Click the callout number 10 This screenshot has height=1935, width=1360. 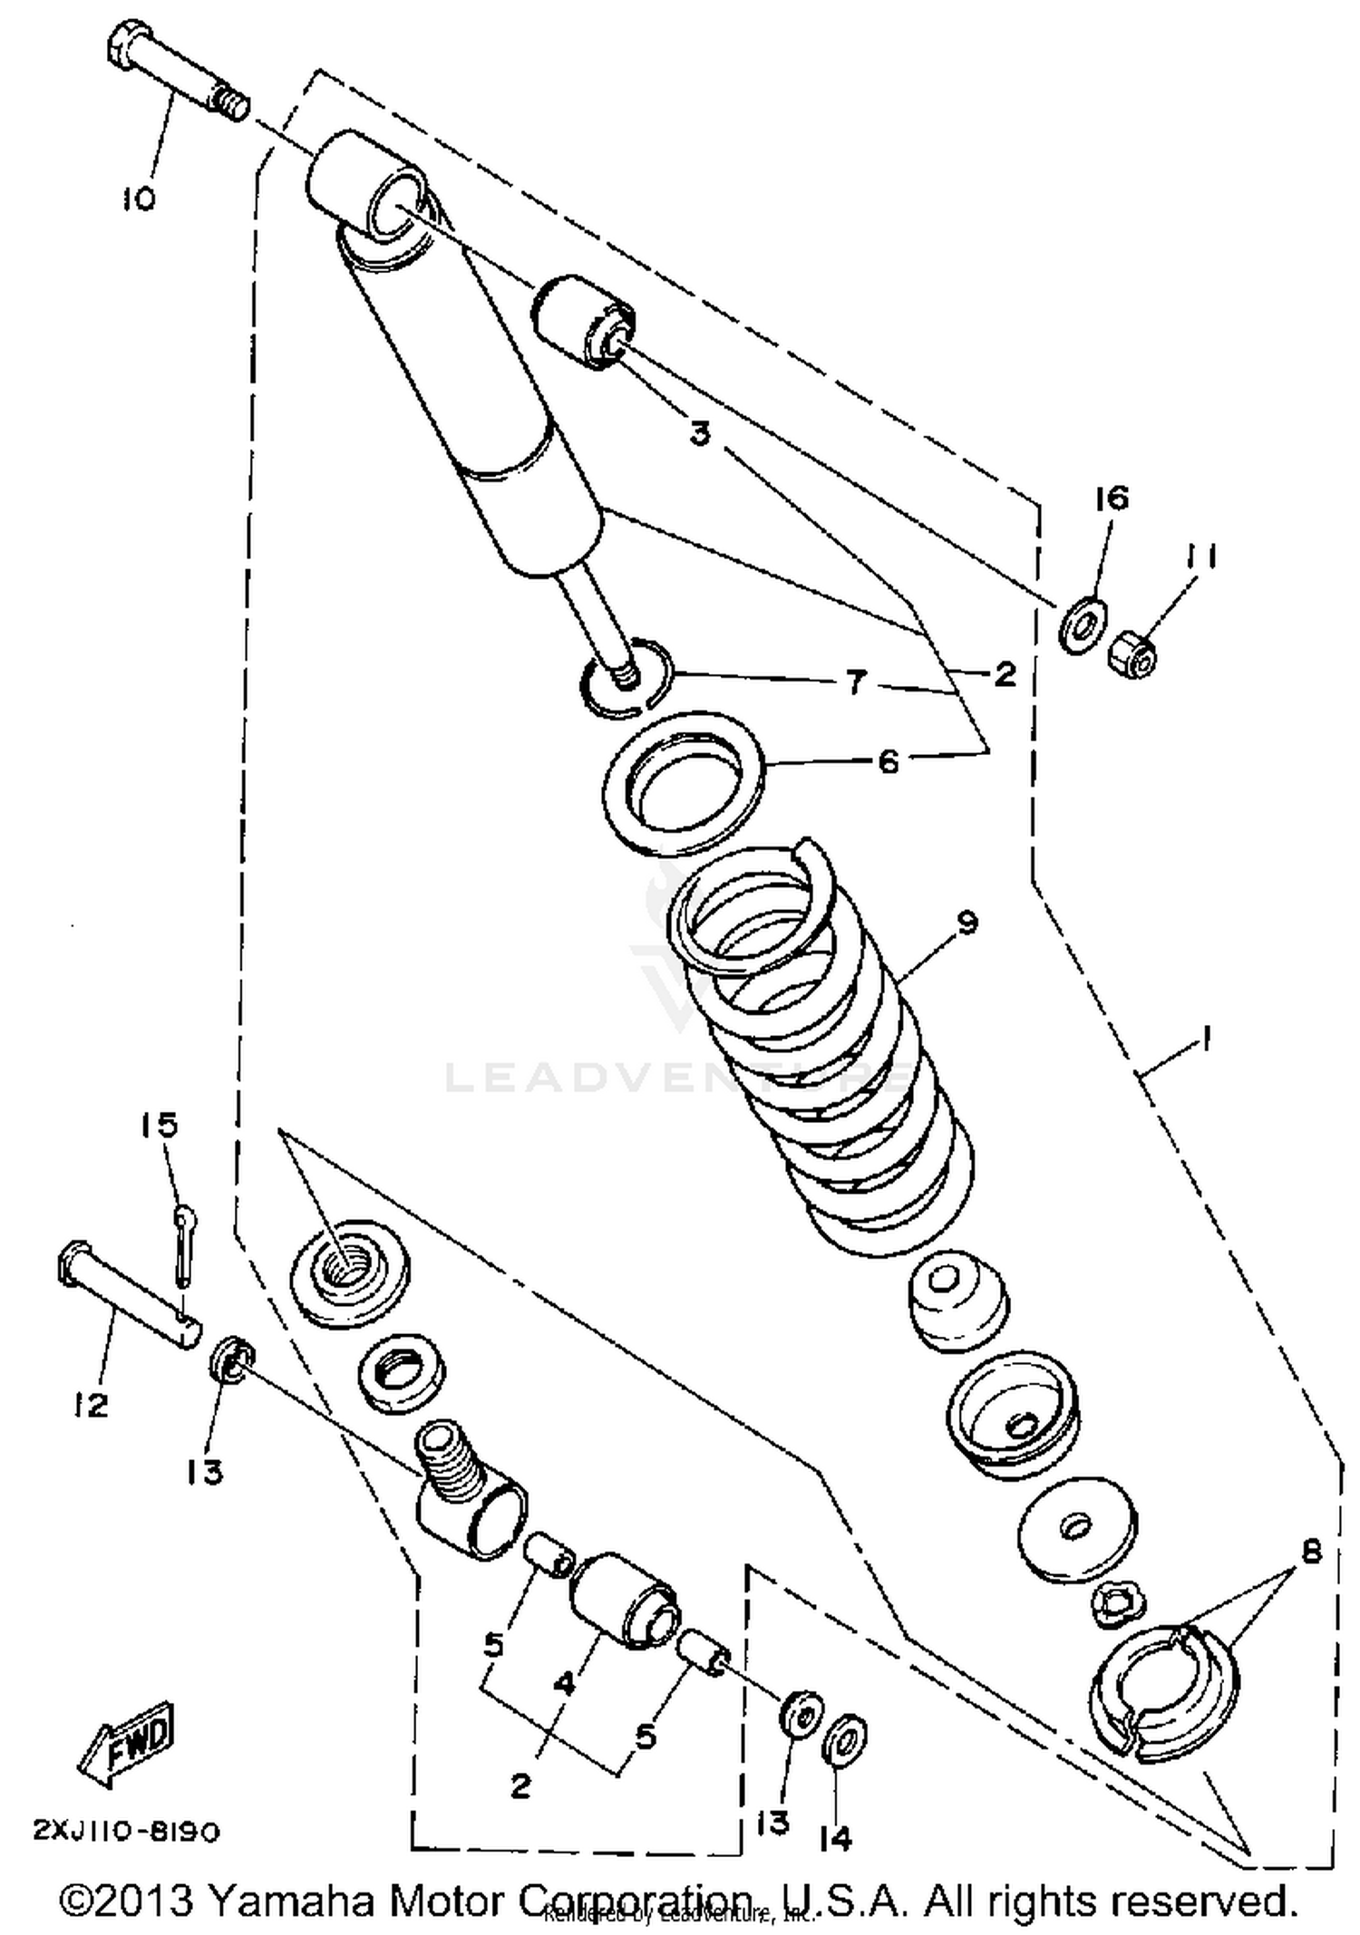click(x=139, y=198)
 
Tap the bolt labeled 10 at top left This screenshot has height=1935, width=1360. click(x=177, y=72)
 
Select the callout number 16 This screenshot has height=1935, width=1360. click(x=1112, y=498)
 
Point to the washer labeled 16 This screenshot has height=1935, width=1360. click(x=1080, y=624)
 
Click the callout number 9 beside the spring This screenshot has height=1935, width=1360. click(x=967, y=923)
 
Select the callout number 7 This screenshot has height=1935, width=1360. click(x=856, y=682)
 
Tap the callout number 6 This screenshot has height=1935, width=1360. click(x=889, y=760)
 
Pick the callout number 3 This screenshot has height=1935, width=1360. click(x=699, y=434)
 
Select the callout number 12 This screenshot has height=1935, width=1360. click(x=92, y=1404)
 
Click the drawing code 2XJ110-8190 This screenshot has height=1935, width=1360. click(x=126, y=1832)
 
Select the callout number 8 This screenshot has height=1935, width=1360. click(x=1310, y=1551)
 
